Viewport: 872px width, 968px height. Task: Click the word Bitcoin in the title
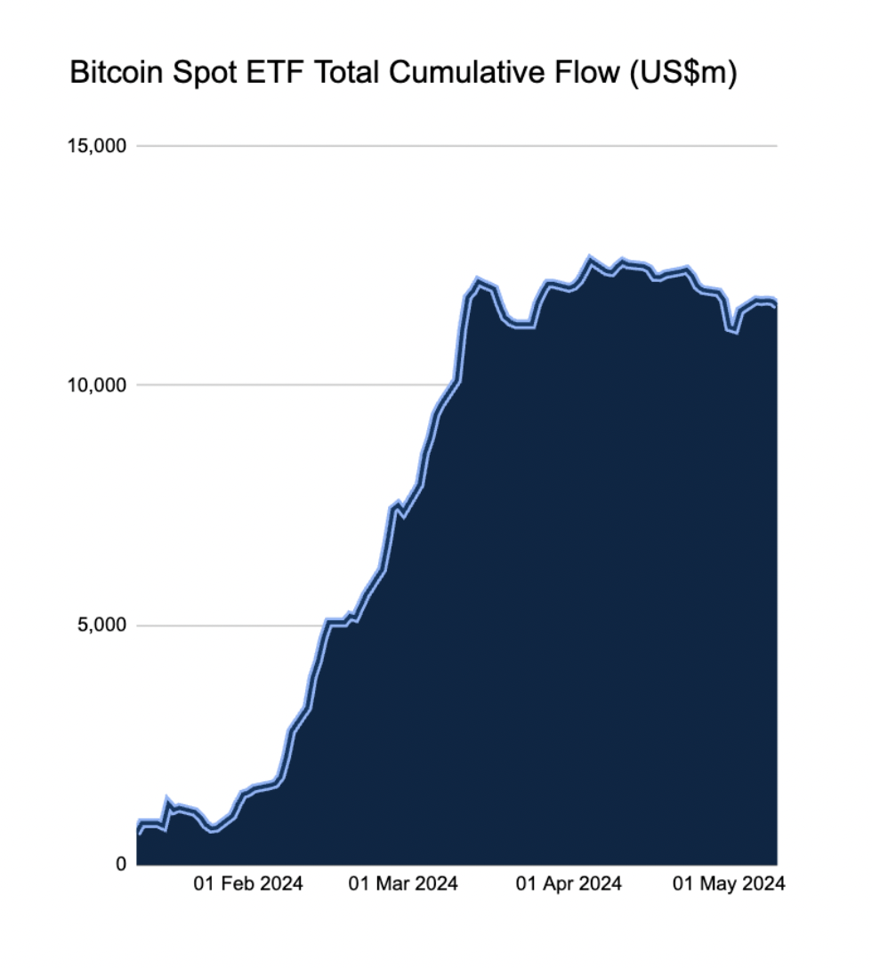pyautogui.click(x=117, y=72)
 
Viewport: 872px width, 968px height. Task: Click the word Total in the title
pyautogui.click(x=346, y=72)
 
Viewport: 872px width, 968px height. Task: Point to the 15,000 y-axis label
pyautogui.click(x=97, y=146)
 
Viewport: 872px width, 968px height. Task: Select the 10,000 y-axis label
pyautogui.click(x=97, y=386)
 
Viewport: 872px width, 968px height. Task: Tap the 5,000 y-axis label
pyautogui.click(x=102, y=625)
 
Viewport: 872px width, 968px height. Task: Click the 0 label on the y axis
pyautogui.click(x=121, y=864)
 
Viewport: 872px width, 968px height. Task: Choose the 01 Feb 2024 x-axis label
pyautogui.click(x=248, y=883)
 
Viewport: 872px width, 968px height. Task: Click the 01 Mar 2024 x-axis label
pyautogui.click(x=403, y=883)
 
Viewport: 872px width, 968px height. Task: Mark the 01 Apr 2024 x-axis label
pyautogui.click(x=569, y=883)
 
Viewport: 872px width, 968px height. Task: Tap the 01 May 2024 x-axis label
pyautogui.click(x=729, y=883)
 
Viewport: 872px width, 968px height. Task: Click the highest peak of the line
pyautogui.click(x=590, y=259)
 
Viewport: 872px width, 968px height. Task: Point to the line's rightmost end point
pyautogui.click(x=776, y=303)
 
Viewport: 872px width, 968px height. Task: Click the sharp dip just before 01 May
pyautogui.click(x=734, y=330)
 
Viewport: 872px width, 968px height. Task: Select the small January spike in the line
pyautogui.click(x=166, y=801)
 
